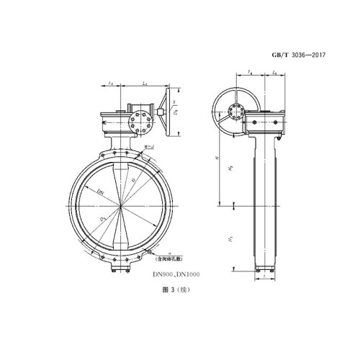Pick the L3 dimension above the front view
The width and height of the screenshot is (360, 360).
click(x=144, y=85)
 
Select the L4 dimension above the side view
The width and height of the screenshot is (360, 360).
click(x=248, y=71)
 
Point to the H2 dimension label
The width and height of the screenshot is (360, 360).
click(x=230, y=167)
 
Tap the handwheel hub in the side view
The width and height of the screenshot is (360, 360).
click(x=234, y=110)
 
